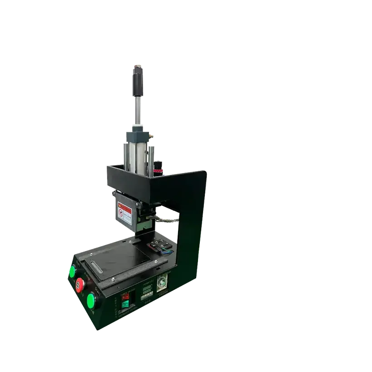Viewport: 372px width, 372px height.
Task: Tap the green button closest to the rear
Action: coord(72,272)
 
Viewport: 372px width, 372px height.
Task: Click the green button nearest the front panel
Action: coord(92,300)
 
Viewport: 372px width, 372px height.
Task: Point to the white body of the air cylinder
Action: coord(136,154)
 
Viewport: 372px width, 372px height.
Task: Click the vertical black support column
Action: coord(190,227)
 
